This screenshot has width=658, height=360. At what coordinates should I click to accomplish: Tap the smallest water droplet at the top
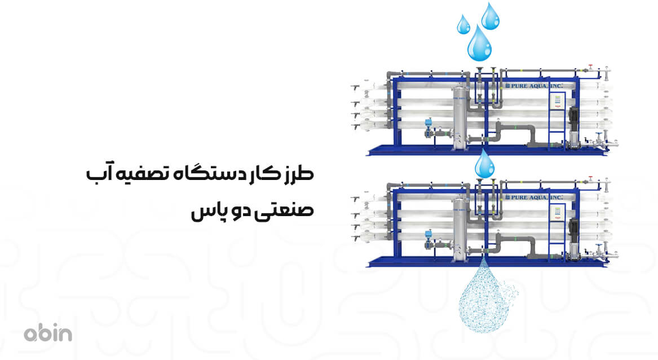464,24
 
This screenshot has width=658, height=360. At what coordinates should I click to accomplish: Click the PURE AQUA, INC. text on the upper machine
531,85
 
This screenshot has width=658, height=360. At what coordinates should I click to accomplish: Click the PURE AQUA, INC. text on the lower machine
531,197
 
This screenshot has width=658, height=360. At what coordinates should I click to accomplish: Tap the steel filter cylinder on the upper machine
461,118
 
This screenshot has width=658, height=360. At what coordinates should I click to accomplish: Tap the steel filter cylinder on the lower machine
461,230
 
